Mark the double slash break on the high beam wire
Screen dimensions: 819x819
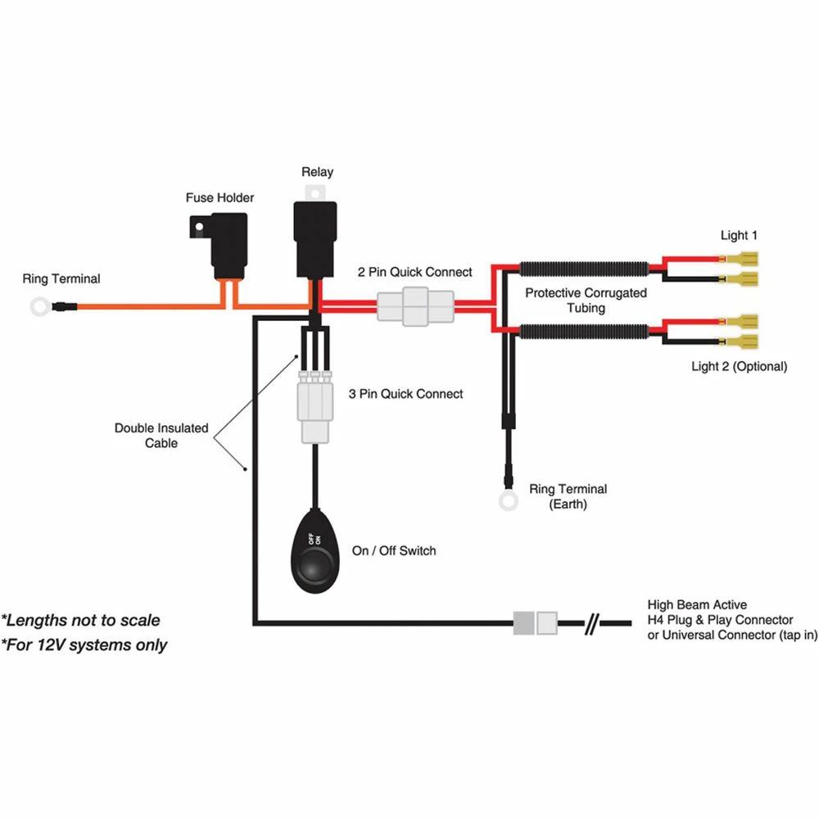595,623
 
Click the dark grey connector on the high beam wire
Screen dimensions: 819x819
523,623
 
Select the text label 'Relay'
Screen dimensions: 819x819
317,172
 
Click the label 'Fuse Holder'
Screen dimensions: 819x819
219,197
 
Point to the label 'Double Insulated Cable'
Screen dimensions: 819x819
161,435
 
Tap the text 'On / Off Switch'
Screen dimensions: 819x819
394,551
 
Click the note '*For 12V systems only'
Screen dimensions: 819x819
84,645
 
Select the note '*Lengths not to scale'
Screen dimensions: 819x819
80,620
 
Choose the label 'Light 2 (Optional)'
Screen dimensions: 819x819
739,366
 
